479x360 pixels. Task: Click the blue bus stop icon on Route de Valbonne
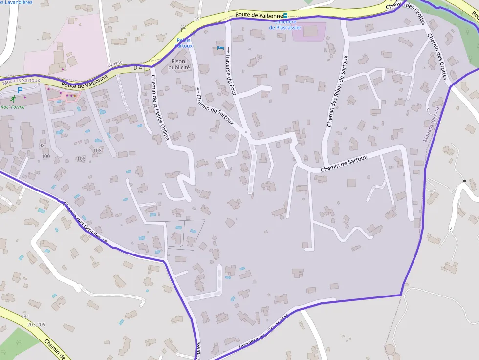pyautogui.click(x=285, y=16)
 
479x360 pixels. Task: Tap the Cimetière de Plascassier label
pyautogui.click(x=285, y=25)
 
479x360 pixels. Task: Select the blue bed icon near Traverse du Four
pyautogui.click(x=219, y=48)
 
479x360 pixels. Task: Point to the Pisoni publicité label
pyautogui.click(x=179, y=64)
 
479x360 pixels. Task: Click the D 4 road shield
pyautogui.click(x=138, y=68)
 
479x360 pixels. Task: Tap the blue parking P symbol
pyautogui.click(x=20, y=90)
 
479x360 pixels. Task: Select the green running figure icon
pyautogui.click(x=13, y=99)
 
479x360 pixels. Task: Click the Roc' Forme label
pyautogui.click(x=12, y=107)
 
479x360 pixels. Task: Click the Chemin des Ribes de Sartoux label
pyautogui.click(x=337, y=91)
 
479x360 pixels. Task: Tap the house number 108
pyautogui.click(x=98, y=150)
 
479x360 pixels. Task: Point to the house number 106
pyautogui.click(x=81, y=159)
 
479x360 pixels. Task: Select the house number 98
pyautogui.click(x=42, y=146)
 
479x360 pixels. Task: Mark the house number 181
pyautogui.click(x=25, y=317)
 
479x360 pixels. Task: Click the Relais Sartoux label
pyautogui.click(x=184, y=43)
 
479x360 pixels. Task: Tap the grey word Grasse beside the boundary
pyautogui.click(x=115, y=64)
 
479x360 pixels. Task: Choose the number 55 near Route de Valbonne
pyautogui.click(x=197, y=19)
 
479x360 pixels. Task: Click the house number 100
pyautogui.click(x=46, y=156)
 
